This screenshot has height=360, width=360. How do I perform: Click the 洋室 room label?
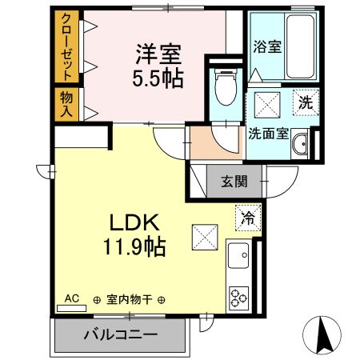158,55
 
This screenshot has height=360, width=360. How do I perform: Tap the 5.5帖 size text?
158,78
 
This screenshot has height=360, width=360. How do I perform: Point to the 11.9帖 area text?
134,247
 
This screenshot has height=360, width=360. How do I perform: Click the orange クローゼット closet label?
66,46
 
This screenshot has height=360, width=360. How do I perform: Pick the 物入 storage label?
66,102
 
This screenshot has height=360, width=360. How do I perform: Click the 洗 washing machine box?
305,102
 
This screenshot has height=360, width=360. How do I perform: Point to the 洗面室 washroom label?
268,134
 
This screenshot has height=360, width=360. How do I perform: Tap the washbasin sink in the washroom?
301,145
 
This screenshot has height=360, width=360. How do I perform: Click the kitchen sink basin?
239,257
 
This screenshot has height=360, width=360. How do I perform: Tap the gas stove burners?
239,298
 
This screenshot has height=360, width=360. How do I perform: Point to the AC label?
71,298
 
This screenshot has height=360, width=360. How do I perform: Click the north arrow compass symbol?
326,334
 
